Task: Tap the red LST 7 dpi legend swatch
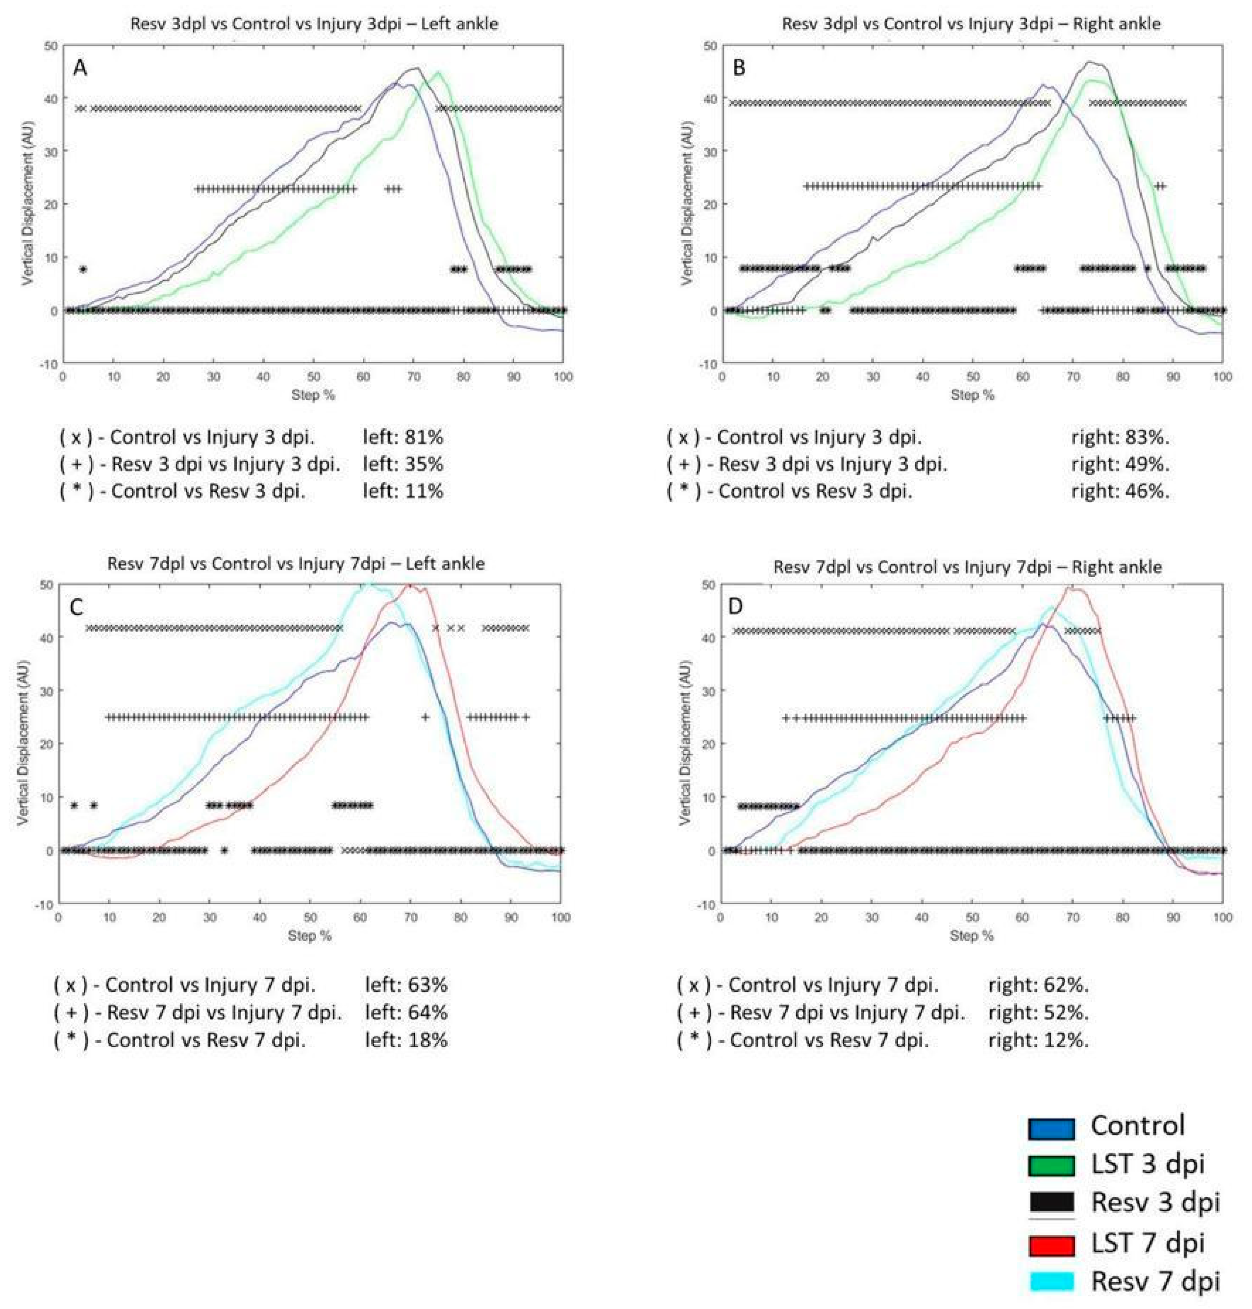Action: (x=1051, y=1225)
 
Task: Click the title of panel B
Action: (x=971, y=24)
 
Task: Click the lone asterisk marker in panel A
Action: (x=83, y=269)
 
